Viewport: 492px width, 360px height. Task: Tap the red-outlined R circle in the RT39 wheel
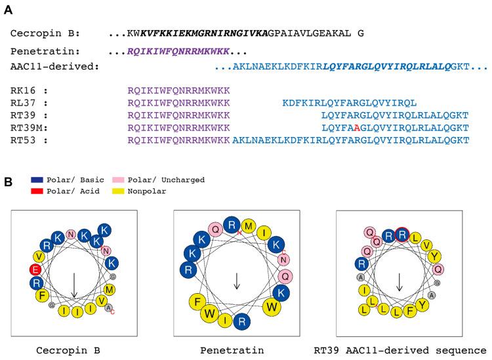[x=403, y=234]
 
